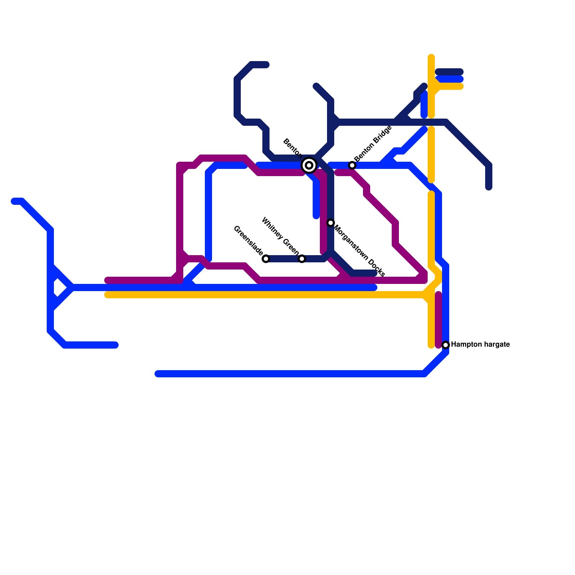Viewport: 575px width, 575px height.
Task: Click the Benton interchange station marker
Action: (309, 165)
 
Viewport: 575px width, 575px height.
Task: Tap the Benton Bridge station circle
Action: (352, 165)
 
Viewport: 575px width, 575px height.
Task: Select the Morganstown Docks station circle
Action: (331, 223)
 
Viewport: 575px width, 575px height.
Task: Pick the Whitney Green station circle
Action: (302, 259)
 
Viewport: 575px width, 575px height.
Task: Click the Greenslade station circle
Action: (266, 259)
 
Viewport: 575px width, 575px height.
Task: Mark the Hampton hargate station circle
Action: (446, 345)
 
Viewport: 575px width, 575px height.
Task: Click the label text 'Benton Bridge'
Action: (373, 144)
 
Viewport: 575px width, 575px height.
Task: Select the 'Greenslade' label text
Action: (248, 240)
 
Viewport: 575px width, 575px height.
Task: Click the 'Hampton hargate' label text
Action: (480, 345)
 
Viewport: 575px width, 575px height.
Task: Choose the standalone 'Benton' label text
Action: (292, 147)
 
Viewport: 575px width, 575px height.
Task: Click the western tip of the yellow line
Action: (107, 295)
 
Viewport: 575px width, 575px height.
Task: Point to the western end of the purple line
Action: (107, 280)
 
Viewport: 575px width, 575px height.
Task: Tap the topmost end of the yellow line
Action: (431, 56)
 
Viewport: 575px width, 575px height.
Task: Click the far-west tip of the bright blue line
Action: (14, 201)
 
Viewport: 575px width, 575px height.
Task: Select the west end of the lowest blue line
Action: (157, 374)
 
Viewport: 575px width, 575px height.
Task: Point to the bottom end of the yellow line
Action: (431, 346)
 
